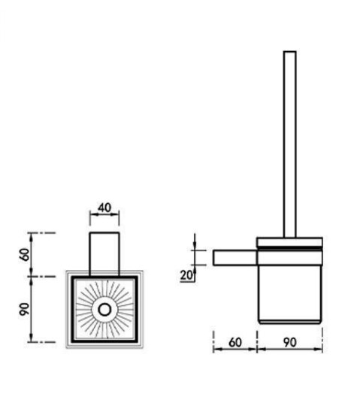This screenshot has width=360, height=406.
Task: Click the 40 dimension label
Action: click(104, 208)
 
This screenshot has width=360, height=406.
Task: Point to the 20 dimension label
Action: click(186, 275)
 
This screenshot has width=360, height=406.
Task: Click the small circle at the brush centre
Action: click(104, 310)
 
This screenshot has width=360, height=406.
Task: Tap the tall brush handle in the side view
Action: click(289, 144)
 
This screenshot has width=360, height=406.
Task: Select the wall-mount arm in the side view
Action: click(235, 258)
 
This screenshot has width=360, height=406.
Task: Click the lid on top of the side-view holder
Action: click(289, 242)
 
